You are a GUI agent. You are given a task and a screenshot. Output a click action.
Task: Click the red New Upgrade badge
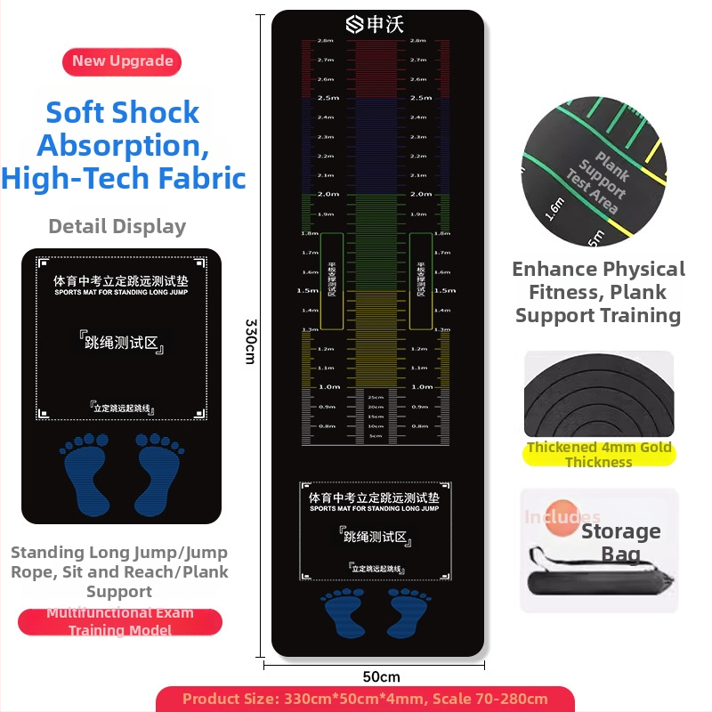pos(122,61)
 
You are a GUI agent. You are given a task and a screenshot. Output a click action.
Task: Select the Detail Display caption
pos(117,226)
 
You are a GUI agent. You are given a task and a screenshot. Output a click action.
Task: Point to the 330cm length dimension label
pos(251,341)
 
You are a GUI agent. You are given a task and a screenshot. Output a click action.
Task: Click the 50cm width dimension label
pos(381,677)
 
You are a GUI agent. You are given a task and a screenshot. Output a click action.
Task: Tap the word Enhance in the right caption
pos(554,270)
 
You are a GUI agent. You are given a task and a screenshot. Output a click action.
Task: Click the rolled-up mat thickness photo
pos(598,394)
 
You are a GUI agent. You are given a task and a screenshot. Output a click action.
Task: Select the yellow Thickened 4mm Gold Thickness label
pos(598,454)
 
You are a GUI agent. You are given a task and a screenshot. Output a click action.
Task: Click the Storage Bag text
pos(620,543)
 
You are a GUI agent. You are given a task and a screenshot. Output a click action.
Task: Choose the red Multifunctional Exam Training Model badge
pos(120,621)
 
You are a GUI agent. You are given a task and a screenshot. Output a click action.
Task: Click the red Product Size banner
pos(365,699)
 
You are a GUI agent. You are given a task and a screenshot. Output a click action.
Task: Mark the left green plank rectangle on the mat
pos(331,280)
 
